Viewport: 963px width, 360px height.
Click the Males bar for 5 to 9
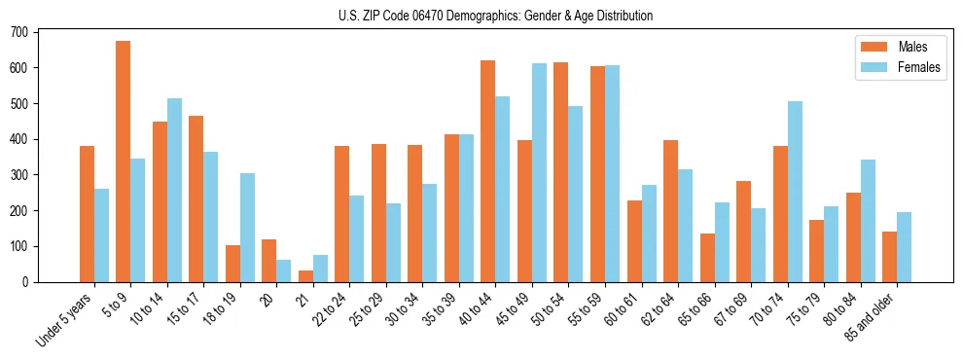[x=124, y=162]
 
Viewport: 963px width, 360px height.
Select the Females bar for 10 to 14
[x=174, y=190]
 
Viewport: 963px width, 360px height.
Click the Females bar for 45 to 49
[x=539, y=172]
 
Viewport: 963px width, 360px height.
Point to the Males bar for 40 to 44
[x=488, y=171]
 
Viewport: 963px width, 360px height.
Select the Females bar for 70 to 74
[x=795, y=192]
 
